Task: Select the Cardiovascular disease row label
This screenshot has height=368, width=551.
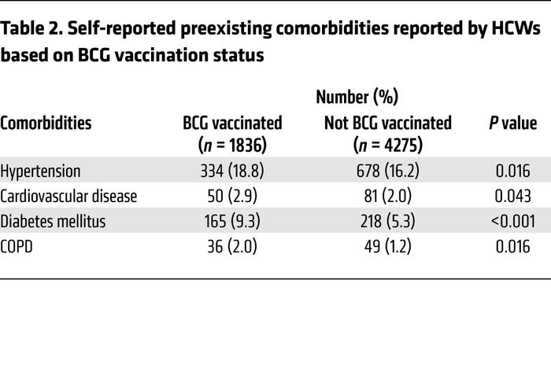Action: point(68,197)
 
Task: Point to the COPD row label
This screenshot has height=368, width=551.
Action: point(19,247)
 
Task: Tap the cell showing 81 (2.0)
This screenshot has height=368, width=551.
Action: point(387,197)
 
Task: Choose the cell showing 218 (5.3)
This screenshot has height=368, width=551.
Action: point(387,222)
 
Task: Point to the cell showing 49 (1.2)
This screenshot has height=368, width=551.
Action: point(387,247)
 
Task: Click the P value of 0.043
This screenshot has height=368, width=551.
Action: point(512,197)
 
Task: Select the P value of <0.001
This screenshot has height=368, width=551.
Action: point(512,222)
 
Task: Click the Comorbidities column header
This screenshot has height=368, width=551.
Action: point(46,123)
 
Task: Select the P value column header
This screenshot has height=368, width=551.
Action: point(512,123)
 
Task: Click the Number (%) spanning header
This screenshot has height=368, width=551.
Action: point(357,98)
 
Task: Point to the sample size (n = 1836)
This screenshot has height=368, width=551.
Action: point(232,145)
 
